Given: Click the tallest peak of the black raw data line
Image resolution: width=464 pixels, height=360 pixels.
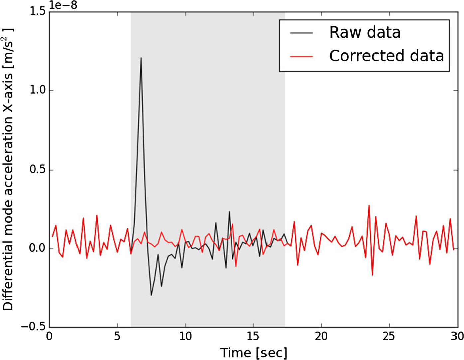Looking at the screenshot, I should [x=141, y=58].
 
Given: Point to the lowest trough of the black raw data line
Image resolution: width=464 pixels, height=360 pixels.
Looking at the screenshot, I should [x=151, y=295].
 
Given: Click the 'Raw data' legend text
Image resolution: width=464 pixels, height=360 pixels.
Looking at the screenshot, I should [x=365, y=32].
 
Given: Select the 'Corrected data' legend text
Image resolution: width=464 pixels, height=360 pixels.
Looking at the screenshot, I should [x=387, y=56].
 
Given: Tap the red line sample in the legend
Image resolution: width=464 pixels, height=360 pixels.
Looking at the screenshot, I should [x=301, y=57].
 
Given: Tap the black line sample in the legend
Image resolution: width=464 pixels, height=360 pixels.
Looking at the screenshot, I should [x=301, y=33].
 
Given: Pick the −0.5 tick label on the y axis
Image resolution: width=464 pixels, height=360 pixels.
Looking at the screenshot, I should [x=33, y=327].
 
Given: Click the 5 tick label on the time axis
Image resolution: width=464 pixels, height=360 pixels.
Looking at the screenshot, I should [x=117, y=336].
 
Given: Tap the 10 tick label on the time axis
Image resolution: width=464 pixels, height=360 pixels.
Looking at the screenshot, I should [x=185, y=336].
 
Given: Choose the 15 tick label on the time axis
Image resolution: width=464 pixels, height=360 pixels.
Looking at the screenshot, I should [x=253, y=336].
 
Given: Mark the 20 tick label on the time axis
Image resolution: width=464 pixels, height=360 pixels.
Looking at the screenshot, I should [x=321, y=336].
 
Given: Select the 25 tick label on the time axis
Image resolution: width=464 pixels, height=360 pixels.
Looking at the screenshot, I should [x=389, y=336].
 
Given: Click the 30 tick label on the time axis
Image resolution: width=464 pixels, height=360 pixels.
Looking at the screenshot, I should [x=457, y=336].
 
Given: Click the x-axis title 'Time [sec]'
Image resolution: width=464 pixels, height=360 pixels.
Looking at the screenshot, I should [x=253, y=352].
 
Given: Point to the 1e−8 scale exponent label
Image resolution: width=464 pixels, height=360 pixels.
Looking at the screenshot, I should [x=63, y=5].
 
